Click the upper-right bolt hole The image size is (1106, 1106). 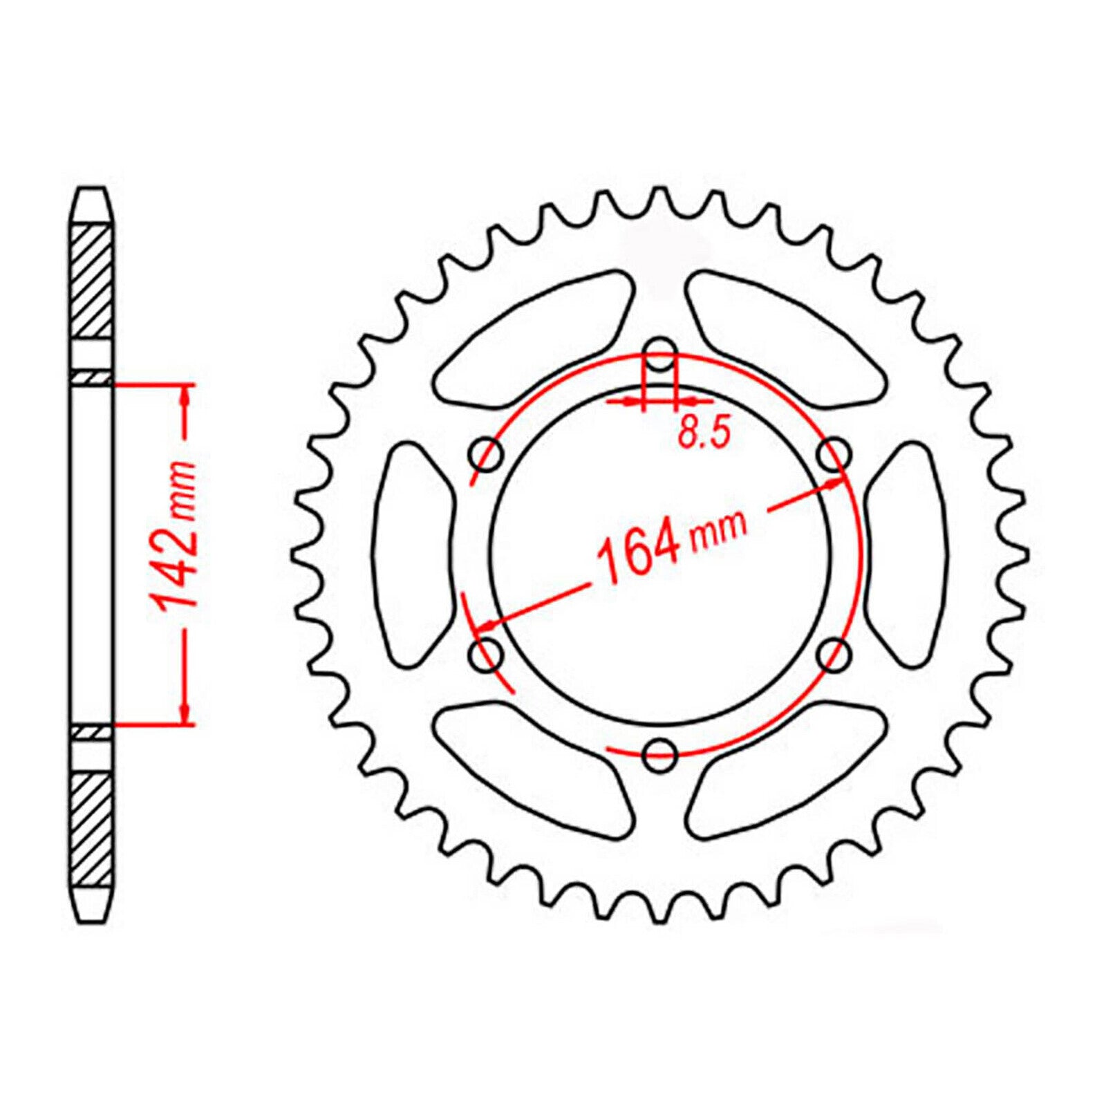[x=834, y=454]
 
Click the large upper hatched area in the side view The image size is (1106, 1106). [x=92, y=280]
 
